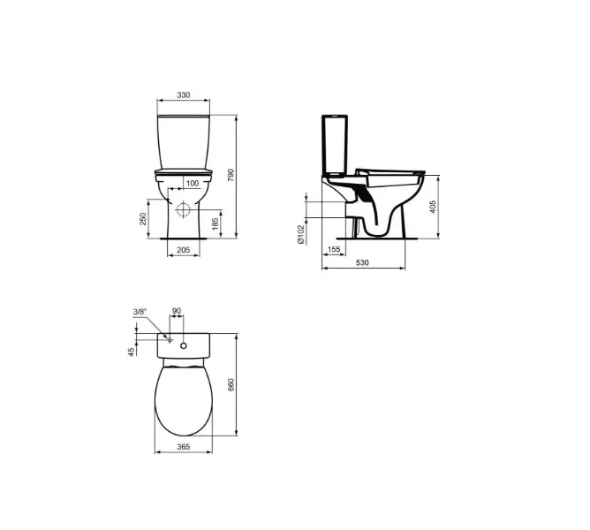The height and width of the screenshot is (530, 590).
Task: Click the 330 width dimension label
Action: pyautogui.click(x=184, y=95)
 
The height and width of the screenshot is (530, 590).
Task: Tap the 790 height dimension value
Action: pyautogui.click(x=231, y=176)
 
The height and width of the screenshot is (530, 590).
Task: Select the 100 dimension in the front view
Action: pyautogui.click(x=193, y=184)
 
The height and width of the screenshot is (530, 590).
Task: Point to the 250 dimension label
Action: pyautogui.click(x=143, y=219)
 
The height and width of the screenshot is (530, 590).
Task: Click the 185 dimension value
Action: pyautogui.click(x=216, y=223)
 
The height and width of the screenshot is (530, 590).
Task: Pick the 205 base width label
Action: pyautogui.click(x=183, y=250)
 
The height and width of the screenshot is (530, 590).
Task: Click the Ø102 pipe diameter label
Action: pyautogui.click(x=300, y=234)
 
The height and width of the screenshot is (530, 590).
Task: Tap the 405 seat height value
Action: pyautogui.click(x=433, y=207)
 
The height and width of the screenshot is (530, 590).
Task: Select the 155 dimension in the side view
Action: pyautogui.click(x=334, y=249)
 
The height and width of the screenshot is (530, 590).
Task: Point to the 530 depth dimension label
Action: pyautogui.click(x=362, y=262)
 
